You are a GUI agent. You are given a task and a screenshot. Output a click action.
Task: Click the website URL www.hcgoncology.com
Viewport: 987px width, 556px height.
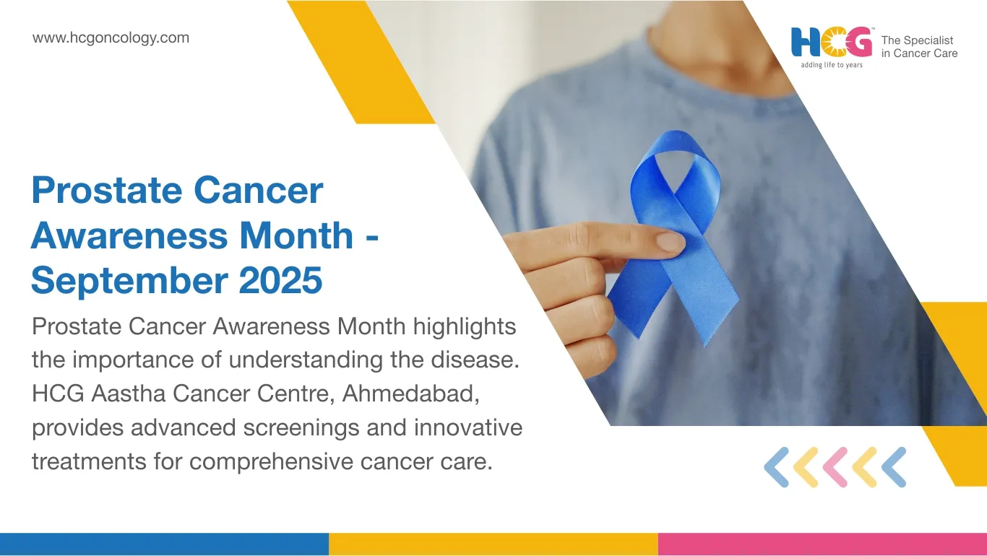point(111,38)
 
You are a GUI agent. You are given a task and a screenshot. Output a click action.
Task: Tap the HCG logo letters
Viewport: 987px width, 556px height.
point(831,43)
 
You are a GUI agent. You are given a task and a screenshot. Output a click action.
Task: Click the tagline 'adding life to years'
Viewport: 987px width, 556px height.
point(831,65)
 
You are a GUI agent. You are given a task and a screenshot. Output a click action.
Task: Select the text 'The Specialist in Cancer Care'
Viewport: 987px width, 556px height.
point(919,47)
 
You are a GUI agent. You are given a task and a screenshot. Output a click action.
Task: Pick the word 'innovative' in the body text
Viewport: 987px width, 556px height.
point(467,428)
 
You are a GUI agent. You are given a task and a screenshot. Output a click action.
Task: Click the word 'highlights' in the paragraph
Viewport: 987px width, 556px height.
point(465,327)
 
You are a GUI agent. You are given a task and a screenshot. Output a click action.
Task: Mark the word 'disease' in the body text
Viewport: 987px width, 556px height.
point(475,360)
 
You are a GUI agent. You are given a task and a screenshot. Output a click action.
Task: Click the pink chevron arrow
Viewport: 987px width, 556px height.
point(835,467)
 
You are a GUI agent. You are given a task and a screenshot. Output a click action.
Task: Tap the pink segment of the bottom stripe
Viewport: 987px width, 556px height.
point(822,544)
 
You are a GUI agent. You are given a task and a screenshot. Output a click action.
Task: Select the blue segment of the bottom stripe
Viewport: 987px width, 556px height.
point(164,544)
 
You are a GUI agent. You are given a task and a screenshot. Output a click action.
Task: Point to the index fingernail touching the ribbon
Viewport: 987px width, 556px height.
point(669,242)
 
